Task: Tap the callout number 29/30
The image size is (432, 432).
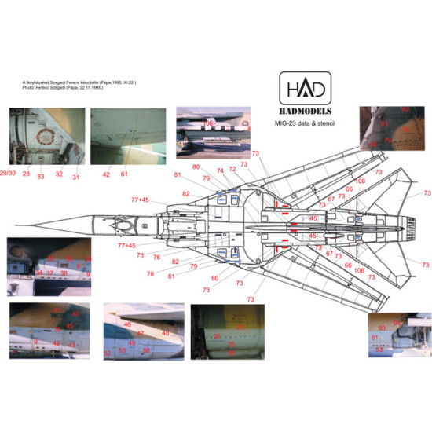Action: [x=8, y=171]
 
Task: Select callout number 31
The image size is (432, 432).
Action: [x=76, y=177]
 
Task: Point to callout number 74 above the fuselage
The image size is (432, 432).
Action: [x=220, y=170]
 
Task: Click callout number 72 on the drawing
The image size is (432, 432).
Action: [x=232, y=169]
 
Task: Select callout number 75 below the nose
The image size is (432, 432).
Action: [x=140, y=254]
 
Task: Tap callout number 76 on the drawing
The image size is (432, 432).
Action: [x=156, y=258]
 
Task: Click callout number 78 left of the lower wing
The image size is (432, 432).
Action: [x=149, y=273]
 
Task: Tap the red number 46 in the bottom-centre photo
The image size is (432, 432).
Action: [x=127, y=324]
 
